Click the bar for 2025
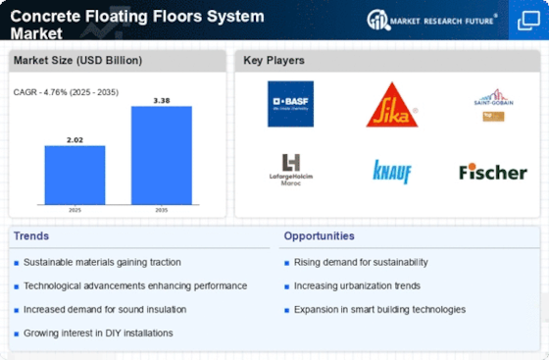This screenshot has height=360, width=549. pos(75,174)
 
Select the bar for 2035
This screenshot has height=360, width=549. pos(161,154)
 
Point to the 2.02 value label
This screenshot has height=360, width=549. pos(75,138)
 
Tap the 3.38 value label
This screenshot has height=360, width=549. pos(161,99)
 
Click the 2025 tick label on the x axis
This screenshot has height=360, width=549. pos(75,209)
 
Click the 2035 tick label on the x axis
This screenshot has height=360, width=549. pos(161,209)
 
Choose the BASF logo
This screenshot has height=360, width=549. pos(290,104)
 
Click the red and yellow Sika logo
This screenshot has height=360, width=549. pos(391,105)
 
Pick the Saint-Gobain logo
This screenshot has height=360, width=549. pos(493,103)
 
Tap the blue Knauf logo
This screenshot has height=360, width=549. pos(391,172)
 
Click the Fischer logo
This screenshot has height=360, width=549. pos(493,172)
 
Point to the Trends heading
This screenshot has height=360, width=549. pos(29,236)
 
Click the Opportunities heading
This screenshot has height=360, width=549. pos(319,236)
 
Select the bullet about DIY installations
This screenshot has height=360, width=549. pos(98,333)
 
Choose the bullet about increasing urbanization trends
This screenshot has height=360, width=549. pos(357,285)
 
